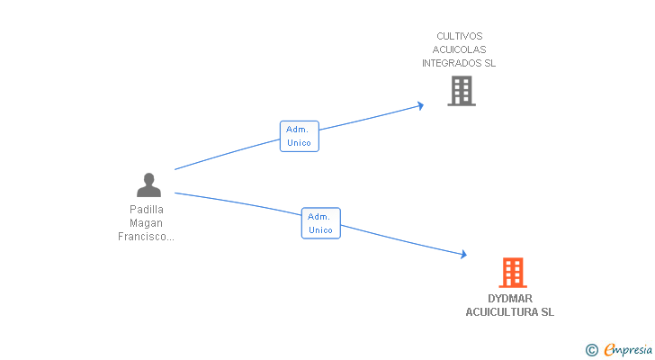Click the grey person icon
(148, 185)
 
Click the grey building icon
(461, 91)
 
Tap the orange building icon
(512, 273)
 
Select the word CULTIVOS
(459, 37)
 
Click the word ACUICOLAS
(459, 50)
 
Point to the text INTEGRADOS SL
(459, 64)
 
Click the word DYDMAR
(509, 299)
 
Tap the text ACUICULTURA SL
(509, 312)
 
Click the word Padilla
(147, 210)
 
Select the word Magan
(147, 223)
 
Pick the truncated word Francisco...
(146, 237)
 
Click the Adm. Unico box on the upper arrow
(299, 136)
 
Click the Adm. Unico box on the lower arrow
(320, 223)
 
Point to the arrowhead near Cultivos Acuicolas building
(420, 105)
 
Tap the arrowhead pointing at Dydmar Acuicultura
(463, 256)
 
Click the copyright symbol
(591, 350)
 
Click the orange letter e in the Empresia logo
(609, 350)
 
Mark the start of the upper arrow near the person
(175, 169)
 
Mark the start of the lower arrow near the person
(175, 193)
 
